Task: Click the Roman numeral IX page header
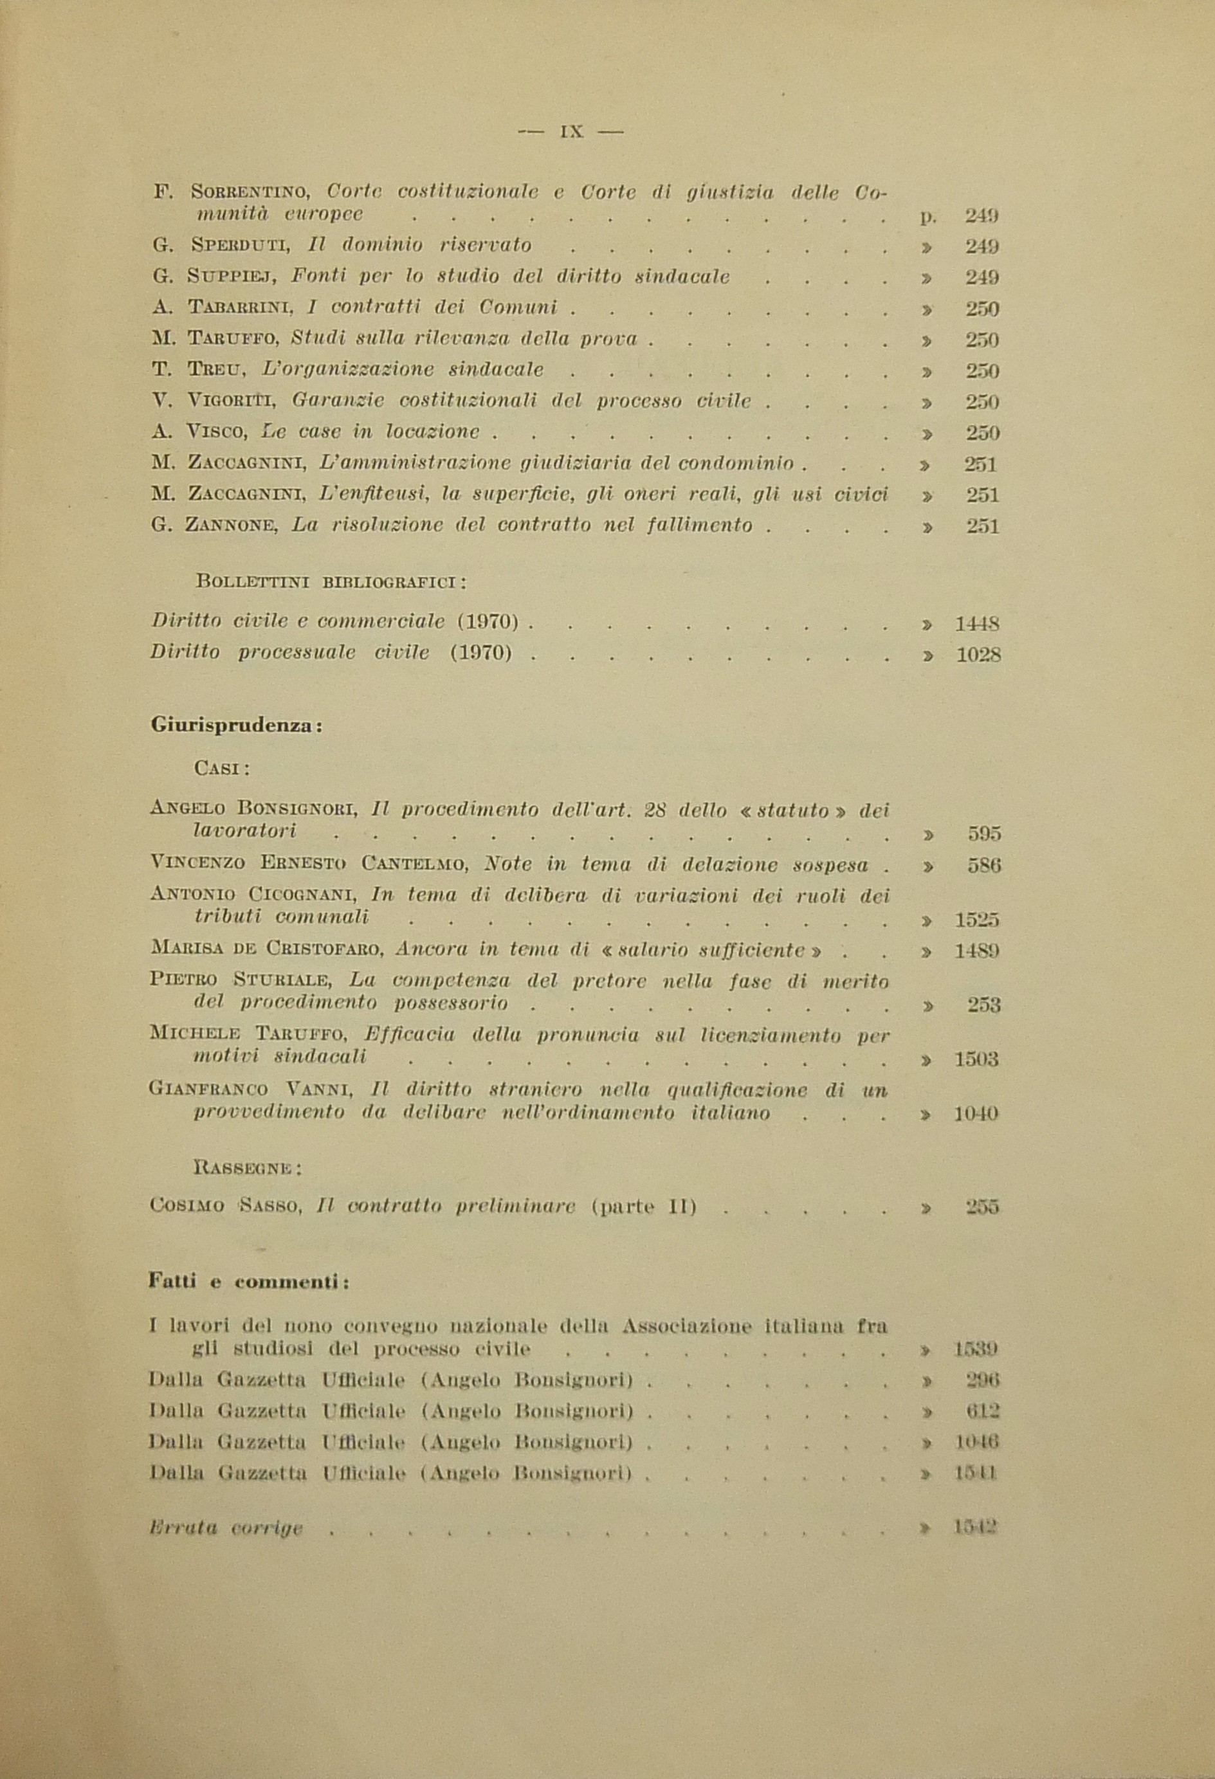[x=571, y=132]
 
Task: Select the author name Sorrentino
[x=249, y=192]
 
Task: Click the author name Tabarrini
[x=241, y=309]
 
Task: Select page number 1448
[x=977, y=624]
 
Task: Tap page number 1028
[x=978, y=655]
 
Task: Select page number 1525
[x=977, y=920]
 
